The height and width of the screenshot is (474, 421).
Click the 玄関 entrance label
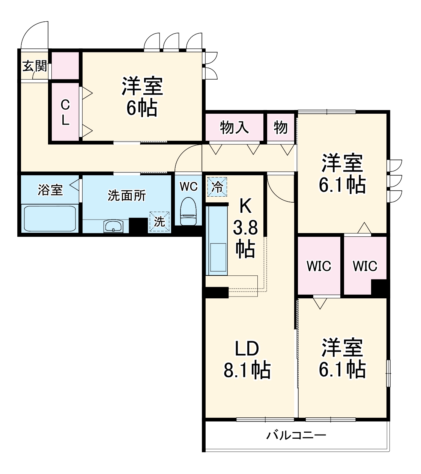pos(35,67)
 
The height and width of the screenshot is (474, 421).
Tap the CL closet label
pos(65,112)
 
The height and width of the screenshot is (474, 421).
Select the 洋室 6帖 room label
pos(142,97)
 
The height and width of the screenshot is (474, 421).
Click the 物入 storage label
pos(234,128)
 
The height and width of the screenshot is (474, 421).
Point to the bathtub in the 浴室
pos(50,218)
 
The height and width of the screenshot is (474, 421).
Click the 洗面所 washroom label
pos(126,195)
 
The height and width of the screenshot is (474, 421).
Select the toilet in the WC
pos(188,212)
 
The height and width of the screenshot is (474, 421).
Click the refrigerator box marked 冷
pos(217,187)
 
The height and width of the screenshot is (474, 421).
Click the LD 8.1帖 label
pos(247,360)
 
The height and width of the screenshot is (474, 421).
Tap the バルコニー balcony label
pos(296,435)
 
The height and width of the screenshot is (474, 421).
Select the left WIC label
pos(319,266)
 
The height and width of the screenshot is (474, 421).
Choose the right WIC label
pos(365,266)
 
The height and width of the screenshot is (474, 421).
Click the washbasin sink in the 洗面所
pos(113,226)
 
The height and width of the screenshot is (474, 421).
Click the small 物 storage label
pos(281,128)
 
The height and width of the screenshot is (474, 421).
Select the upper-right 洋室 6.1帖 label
pos(342,173)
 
